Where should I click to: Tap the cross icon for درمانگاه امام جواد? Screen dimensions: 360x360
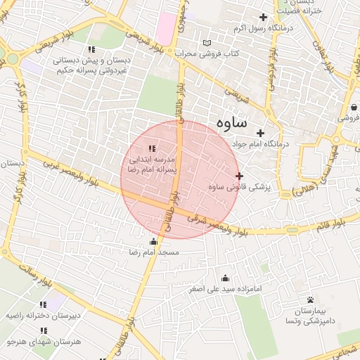point(260,133)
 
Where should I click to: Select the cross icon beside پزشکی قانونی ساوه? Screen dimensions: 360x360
point(239,176)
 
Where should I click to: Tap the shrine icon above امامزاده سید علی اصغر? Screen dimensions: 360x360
point(225,278)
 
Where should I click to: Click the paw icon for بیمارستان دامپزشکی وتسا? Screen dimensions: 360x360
point(309,300)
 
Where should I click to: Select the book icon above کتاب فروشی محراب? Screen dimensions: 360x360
point(206,43)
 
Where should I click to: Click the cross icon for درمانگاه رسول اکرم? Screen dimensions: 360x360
point(264,17)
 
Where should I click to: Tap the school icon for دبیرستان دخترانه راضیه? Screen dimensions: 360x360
point(42,304)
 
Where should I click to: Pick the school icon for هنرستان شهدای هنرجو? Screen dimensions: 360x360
point(44,330)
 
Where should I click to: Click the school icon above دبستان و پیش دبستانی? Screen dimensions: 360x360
point(91,49)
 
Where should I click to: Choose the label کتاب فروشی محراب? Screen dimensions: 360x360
point(207,53)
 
